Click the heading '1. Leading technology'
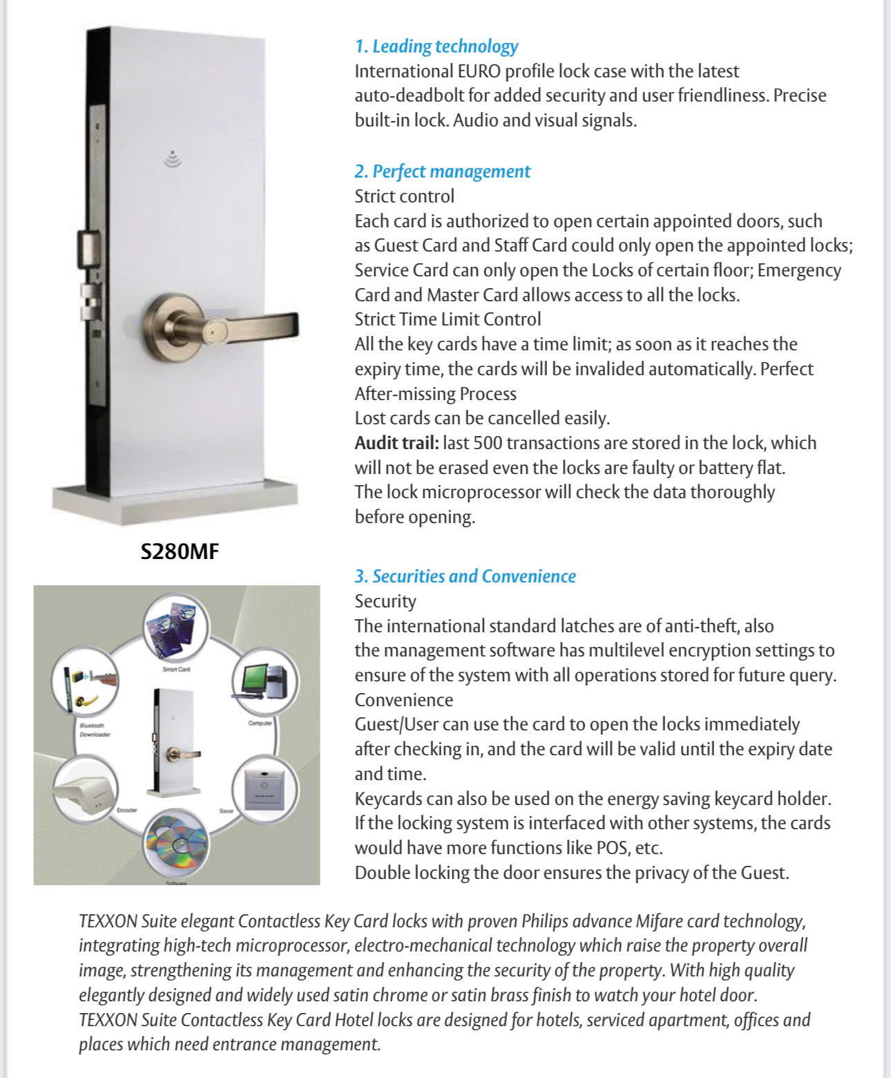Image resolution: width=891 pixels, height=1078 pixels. (x=436, y=46)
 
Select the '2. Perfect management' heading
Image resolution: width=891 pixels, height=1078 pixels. (x=442, y=171)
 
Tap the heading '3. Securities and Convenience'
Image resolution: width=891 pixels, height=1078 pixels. (x=465, y=576)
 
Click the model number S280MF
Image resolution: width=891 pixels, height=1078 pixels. (x=180, y=551)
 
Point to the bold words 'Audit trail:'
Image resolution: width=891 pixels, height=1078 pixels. (x=396, y=443)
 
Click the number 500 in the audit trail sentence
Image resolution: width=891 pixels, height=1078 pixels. (x=488, y=443)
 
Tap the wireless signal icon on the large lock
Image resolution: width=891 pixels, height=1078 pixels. (x=173, y=159)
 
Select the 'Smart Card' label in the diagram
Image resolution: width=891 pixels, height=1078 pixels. (x=175, y=669)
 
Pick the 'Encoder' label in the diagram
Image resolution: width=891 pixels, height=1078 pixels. (x=127, y=810)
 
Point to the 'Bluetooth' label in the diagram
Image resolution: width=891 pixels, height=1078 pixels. (x=92, y=726)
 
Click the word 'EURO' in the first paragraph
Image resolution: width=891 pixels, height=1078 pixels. (x=477, y=71)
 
